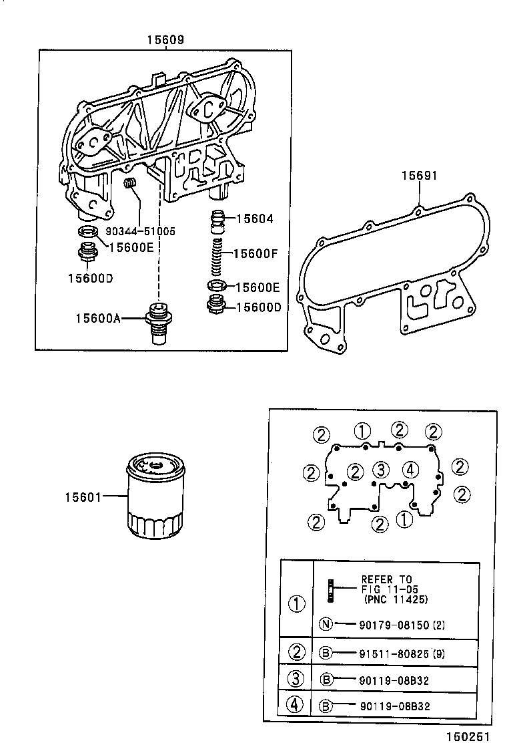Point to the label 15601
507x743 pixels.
pyautogui.click(x=83, y=496)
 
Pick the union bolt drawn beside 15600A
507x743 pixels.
pyautogui.click(x=158, y=324)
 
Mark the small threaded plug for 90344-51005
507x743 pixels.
pyautogui.click(x=131, y=183)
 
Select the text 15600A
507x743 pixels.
pyautogui.click(x=98, y=319)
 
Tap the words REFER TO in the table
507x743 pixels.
pyautogui.click(x=387, y=579)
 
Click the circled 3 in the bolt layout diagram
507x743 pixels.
pyautogui.click(x=381, y=468)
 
